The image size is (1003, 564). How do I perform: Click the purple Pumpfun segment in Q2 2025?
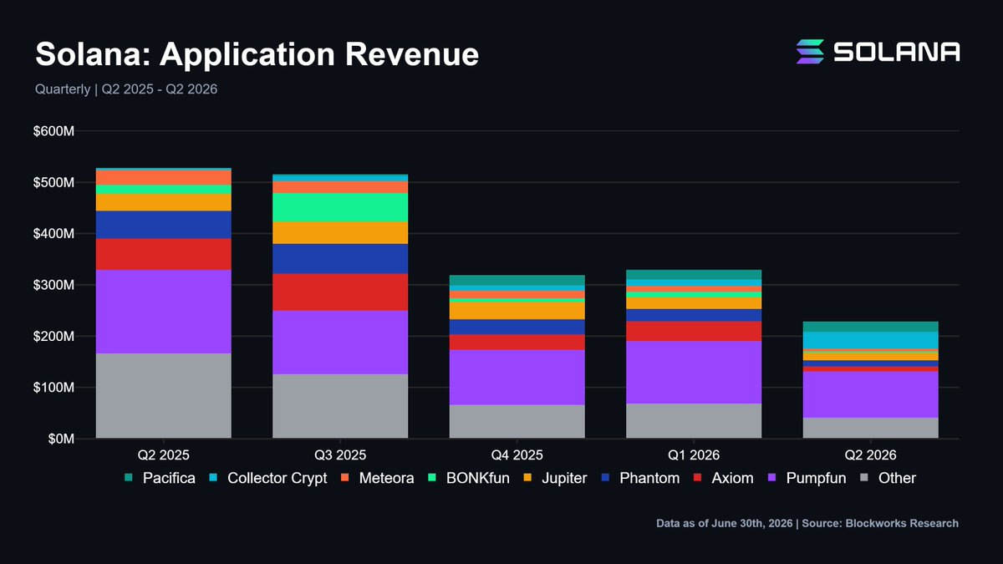coord(164,312)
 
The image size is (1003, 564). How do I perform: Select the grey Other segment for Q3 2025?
coord(340,406)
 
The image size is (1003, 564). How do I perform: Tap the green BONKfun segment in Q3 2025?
coord(340,208)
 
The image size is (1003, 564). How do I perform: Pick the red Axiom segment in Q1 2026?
coord(694,331)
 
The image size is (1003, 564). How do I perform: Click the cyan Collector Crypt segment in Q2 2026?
coord(870,340)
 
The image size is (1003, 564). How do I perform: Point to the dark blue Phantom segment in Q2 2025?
coord(164,225)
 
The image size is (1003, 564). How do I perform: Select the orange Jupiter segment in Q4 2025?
coord(517,311)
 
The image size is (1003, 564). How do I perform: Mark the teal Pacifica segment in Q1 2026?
coord(694,275)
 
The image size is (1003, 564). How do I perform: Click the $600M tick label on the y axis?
coord(53,131)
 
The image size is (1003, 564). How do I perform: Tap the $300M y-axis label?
coord(53,285)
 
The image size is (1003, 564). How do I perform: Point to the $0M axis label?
coord(61,439)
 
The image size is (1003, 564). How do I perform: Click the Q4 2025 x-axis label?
coord(517,455)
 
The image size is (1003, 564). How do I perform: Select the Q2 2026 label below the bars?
coord(870,455)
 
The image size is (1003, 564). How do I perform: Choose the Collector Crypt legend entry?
coord(268,478)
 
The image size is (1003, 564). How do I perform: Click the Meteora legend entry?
coord(378,478)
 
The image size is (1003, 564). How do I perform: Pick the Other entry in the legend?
coord(888,478)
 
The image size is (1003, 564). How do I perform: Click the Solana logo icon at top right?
coord(810,52)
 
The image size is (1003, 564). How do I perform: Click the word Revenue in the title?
coord(412,54)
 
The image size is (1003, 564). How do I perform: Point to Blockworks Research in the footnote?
coord(902,523)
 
